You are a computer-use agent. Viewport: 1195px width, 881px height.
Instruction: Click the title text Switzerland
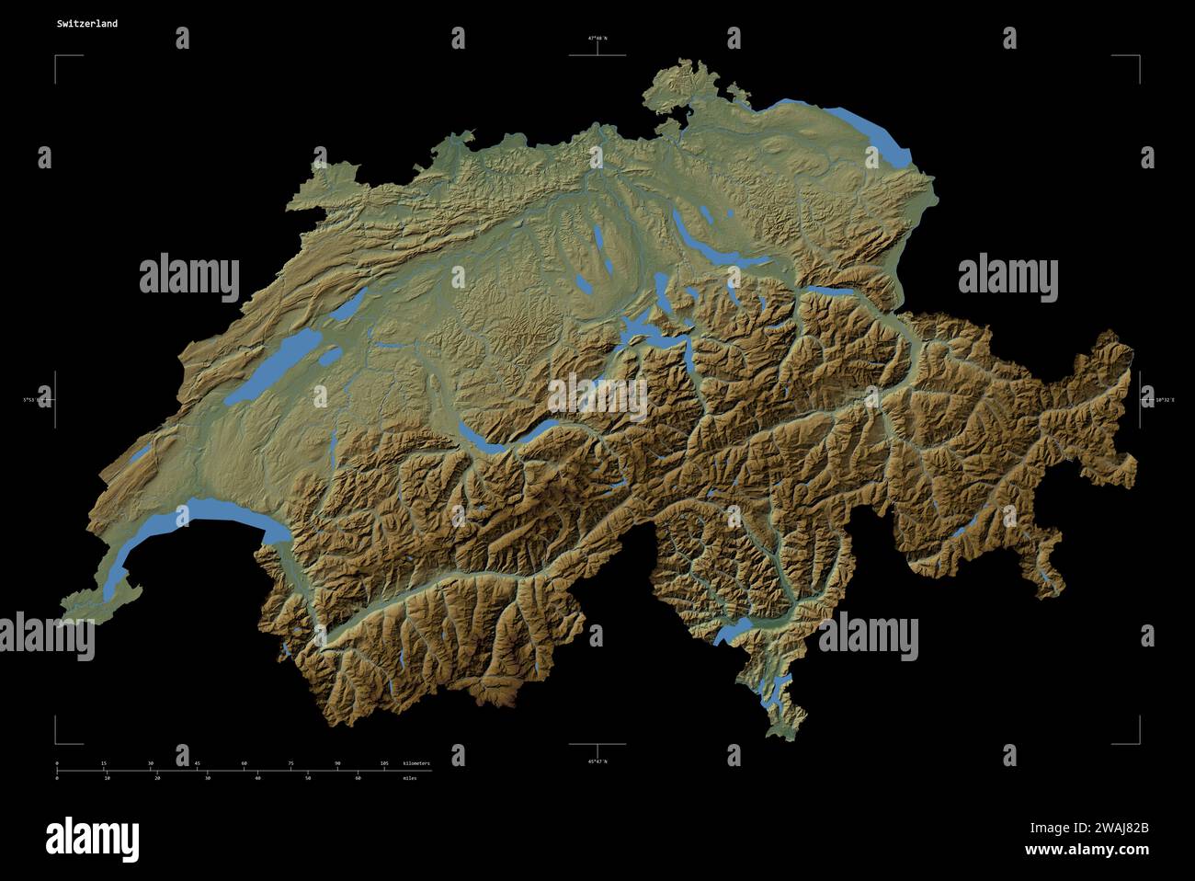86,24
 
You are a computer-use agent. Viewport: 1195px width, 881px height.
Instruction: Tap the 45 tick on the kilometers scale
197,764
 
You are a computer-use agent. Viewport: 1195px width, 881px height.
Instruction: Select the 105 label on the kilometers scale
384,764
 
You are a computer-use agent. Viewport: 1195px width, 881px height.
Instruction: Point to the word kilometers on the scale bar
415,764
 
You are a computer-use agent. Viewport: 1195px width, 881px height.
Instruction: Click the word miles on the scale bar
409,778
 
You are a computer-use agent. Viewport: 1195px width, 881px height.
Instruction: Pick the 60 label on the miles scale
358,778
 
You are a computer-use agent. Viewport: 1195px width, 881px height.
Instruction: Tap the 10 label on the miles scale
108,778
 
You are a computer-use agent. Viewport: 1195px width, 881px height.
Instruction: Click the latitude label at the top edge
597,39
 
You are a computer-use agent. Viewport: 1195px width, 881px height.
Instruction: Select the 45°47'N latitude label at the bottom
597,761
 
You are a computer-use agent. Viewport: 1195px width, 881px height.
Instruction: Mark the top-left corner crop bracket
57,58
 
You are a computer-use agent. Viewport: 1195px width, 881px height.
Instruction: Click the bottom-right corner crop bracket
1137,741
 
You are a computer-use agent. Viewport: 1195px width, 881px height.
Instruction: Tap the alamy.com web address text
1086,849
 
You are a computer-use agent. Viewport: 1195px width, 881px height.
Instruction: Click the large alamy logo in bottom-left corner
92,838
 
